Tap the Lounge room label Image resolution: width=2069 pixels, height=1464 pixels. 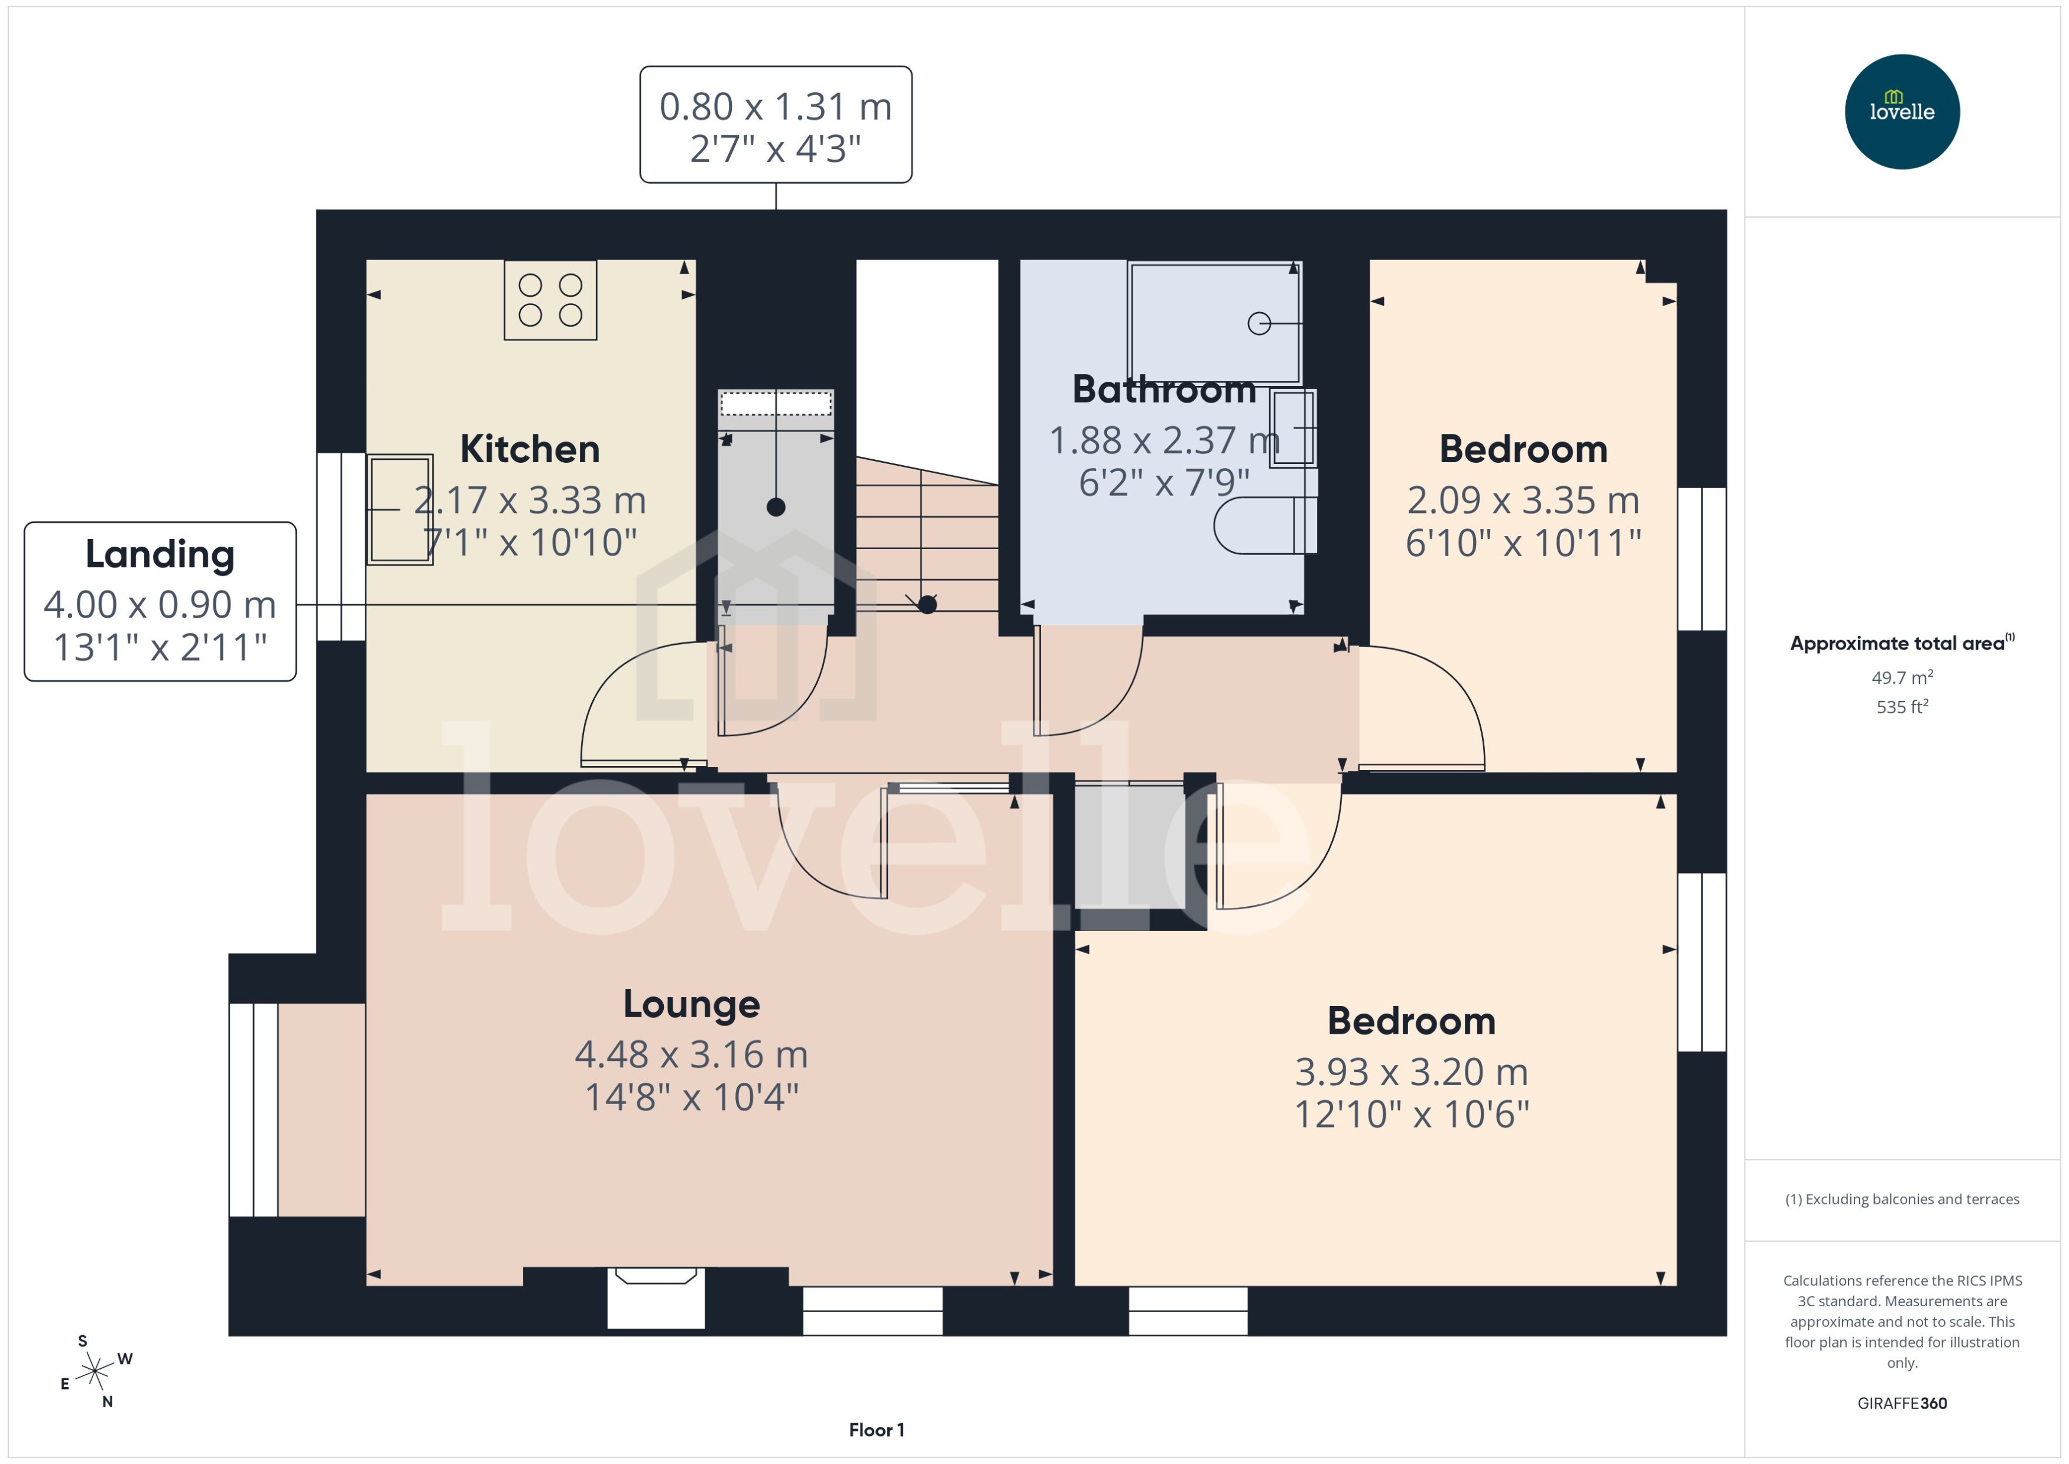[x=692, y=1004]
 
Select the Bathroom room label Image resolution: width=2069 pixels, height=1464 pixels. [x=1163, y=389]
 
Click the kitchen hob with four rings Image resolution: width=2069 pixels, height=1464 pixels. [x=550, y=300]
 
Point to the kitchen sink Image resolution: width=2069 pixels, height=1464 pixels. [x=400, y=509]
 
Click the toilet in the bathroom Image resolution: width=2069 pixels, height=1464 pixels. [x=1262, y=525]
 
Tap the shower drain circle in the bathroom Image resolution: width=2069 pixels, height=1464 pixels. [x=1259, y=323]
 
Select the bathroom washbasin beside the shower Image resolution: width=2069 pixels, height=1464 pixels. [x=1293, y=427]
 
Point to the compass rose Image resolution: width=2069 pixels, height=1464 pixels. [x=95, y=1372]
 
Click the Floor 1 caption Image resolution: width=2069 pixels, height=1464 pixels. [x=875, y=1430]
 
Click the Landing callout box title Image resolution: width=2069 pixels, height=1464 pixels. [x=160, y=554]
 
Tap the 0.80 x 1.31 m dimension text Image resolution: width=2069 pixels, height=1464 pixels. [x=776, y=106]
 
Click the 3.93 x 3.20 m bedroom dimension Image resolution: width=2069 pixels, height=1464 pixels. [x=1411, y=1072]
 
